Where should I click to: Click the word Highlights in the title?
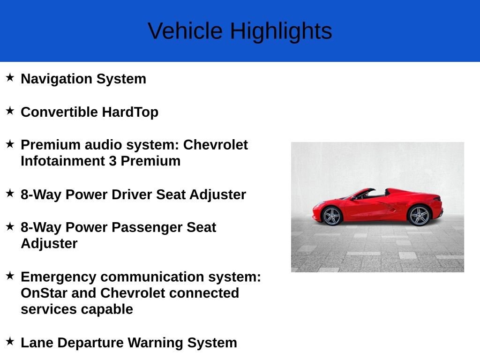[x=281, y=31]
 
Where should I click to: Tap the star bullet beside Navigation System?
[x=10, y=77]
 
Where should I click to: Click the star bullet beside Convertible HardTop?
[x=10, y=111]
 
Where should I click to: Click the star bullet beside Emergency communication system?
[x=10, y=276]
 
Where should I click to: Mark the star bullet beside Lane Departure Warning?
[x=10, y=342]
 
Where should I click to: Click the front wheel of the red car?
[x=332, y=216]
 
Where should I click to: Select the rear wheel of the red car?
[x=419, y=216]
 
